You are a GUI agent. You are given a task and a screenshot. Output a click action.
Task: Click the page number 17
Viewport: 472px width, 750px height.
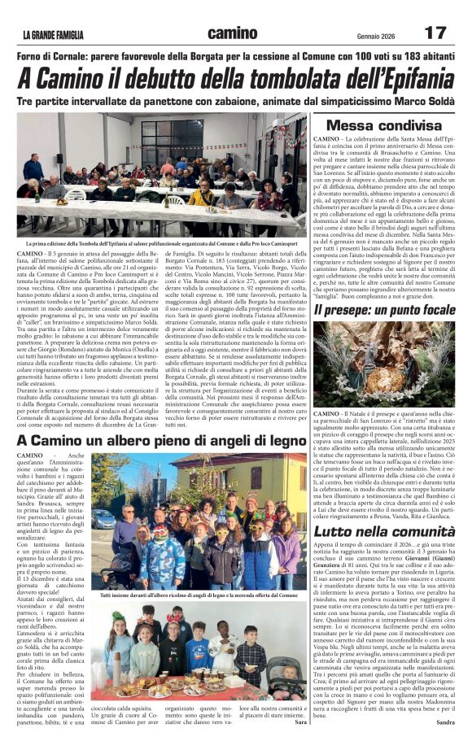tap(435, 33)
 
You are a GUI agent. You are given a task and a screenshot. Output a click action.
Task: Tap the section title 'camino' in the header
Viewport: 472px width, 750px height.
tap(233, 33)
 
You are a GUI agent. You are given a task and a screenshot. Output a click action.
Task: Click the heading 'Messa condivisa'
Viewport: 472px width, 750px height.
tap(383, 126)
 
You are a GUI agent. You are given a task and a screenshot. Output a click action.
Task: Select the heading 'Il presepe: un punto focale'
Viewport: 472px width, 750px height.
tap(384, 310)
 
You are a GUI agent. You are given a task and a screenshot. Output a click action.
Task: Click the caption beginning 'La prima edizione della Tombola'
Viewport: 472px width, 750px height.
tap(160, 242)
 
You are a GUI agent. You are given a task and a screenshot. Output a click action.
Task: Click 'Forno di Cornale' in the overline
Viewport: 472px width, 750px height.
tap(63, 55)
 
